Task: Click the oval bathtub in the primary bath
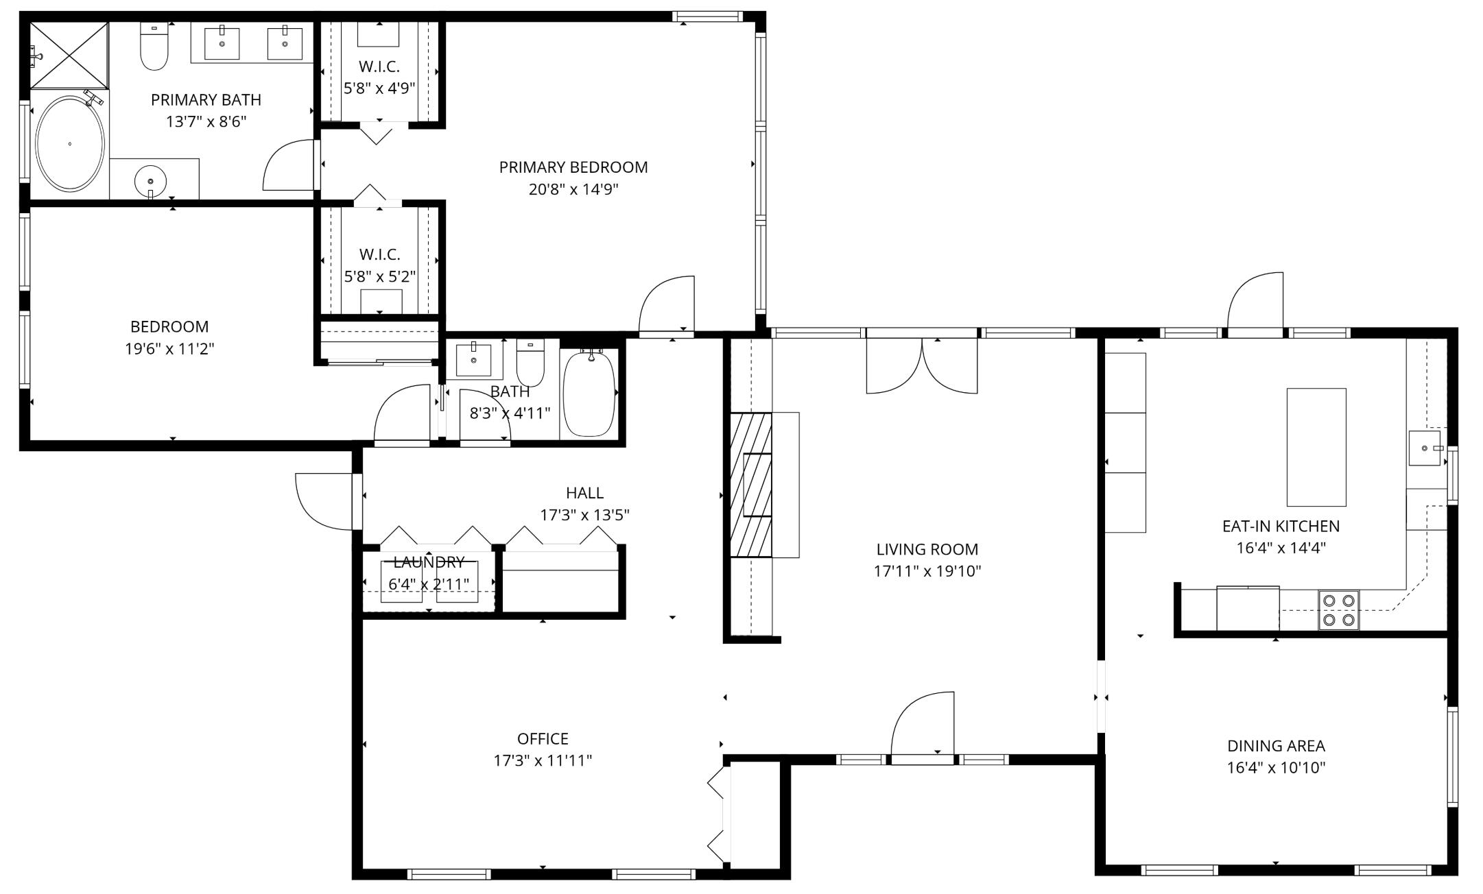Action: pyautogui.click(x=69, y=144)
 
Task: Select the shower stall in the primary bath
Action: pyautogui.click(x=69, y=55)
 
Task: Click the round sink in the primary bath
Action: pyautogui.click(x=150, y=181)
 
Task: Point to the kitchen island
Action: pyautogui.click(x=1316, y=447)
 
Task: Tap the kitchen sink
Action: pyautogui.click(x=1424, y=448)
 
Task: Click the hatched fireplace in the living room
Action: pyautogui.click(x=751, y=485)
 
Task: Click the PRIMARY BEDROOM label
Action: pyautogui.click(x=573, y=167)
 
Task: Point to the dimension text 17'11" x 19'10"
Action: pyautogui.click(x=927, y=571)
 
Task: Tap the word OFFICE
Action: pyautogui.click(x=543, y=738)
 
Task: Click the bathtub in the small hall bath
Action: pyautogui.click(x=589, y=394)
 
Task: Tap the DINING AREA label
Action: pyautogui.click(x=1276, y=745)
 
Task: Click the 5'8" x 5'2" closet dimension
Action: pyautogui.click(x=379, y=276)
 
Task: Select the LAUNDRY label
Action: pyautogui.click(x=429, y=562)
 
